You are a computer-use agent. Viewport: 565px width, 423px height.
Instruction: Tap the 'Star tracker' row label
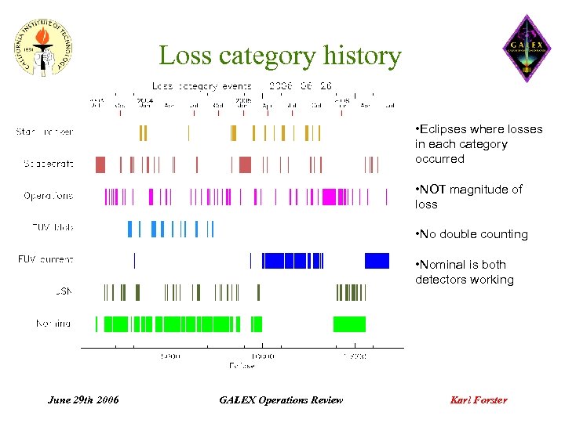[x=45, y=132]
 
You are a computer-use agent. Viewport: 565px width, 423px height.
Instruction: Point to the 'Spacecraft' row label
[x=49, y=164]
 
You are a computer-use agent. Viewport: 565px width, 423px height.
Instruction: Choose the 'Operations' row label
[x=48, y=196]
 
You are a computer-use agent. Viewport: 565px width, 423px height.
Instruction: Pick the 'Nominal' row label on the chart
[x=53, y=323]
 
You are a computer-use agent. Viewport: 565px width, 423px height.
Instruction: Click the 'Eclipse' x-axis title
[x=242, y=366]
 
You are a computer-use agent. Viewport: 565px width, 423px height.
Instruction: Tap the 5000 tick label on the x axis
[x=170, y=356]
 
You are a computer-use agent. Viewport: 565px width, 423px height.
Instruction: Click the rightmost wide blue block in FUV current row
[x=377, y=261]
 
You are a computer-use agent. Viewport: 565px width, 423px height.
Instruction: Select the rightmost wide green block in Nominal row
[x=349, y=324]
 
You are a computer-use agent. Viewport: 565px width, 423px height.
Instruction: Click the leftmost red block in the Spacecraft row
[x=100, y=164]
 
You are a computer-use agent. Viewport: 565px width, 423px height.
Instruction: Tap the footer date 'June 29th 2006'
[x=83, y=400]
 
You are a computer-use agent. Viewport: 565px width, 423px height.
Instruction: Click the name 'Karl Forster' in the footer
[x=478, y=400]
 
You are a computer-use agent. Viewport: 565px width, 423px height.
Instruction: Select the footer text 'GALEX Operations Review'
[x=281, y=400]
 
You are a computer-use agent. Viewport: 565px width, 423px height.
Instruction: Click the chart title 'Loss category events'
[x=202, y=86]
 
